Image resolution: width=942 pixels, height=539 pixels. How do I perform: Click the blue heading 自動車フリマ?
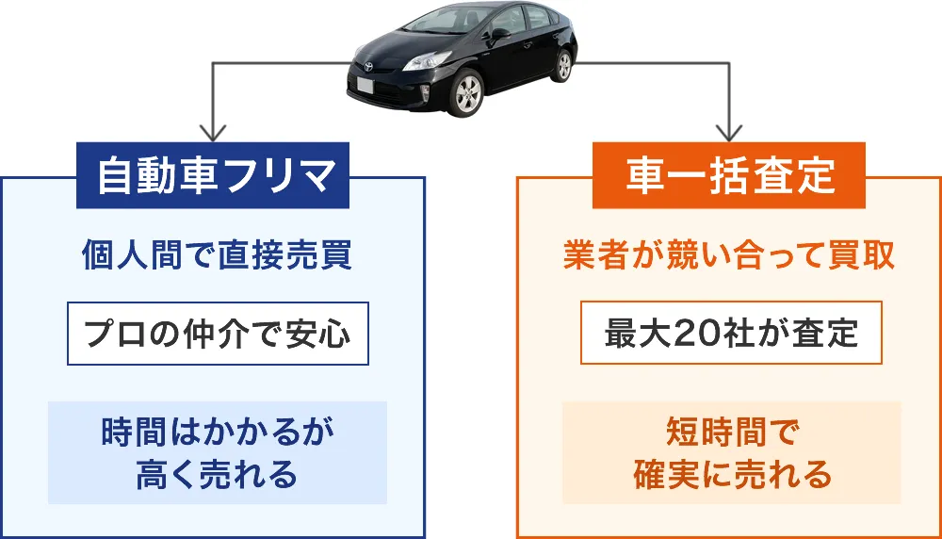pyautogui.click(x=213, y=176)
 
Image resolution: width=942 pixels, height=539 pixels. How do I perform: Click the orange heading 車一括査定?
pyautogui.click(x=729, y=176)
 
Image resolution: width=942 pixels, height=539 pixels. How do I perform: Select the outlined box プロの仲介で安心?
pyautogui.click(x=218, y=334)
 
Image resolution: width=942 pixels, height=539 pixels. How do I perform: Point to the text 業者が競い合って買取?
pyautogui.click(x=729, y=256)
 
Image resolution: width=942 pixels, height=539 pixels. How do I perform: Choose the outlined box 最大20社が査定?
pyautogui.click(x=731, y=334)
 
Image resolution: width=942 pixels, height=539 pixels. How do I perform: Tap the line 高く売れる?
pyautogui.click(x=217, y=474)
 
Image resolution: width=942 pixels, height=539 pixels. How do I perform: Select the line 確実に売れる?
pyautogui.click(x=731, y=474)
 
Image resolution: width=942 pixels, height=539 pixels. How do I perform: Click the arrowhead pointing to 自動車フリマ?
pyautogui.click(x=214, y=132)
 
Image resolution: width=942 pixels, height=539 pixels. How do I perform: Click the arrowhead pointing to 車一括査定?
pyautogui.click(x=730, y=132)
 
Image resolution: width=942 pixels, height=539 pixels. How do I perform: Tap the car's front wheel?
pyautogui.click(x=468, y=94)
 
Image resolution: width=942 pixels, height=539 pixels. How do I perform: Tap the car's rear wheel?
pyautogui.click(x=563, y=65)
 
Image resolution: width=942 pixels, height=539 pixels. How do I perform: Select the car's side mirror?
pyautogui.click(x=500, y=34)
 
